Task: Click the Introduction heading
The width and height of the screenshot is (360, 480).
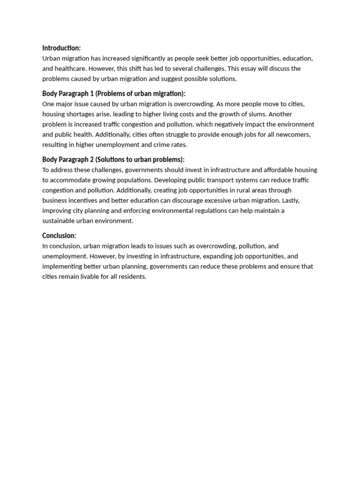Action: [61, 48]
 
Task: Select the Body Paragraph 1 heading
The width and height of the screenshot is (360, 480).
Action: [114, 94]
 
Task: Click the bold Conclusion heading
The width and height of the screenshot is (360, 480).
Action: [59, 236]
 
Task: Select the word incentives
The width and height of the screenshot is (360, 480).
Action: [82, 201]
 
